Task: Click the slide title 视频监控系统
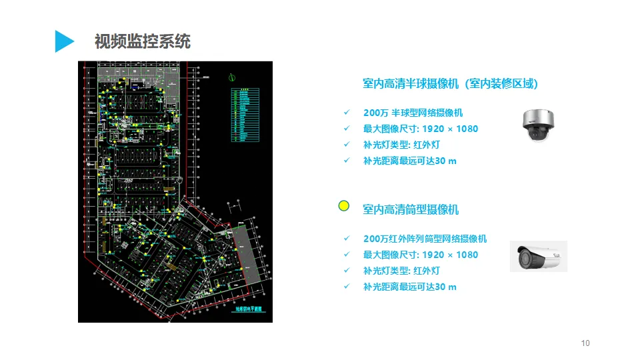(x=143, y=41)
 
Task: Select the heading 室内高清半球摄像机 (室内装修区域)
(x=450, y=83)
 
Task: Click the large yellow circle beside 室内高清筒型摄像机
(x=344, y=206)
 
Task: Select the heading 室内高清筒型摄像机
(x=411, y=209)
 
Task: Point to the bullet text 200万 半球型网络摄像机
(x=413, y=113)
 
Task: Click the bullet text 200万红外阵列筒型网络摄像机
(x=425, y=239)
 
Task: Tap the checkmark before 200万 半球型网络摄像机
(x=346, y=113)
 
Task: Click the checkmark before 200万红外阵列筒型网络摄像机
(x=346, y=239)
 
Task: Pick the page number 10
(x=585, y=343)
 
